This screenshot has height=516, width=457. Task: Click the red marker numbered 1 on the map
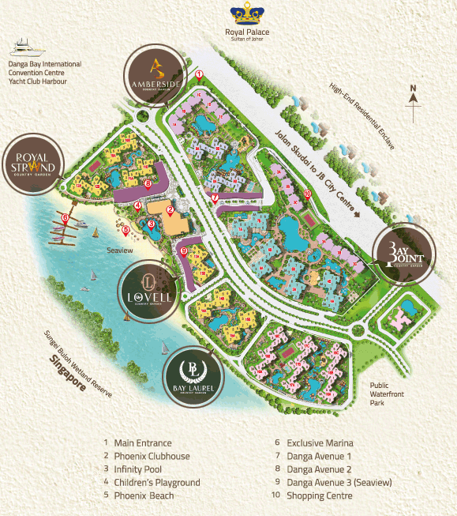click(200, 75)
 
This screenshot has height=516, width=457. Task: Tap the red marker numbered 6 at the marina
click(64, 217)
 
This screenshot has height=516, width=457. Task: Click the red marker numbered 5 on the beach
click(125, 230)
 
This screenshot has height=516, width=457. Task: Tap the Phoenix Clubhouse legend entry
click(152, 456)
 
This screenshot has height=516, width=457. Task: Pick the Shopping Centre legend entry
click(319, 495)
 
